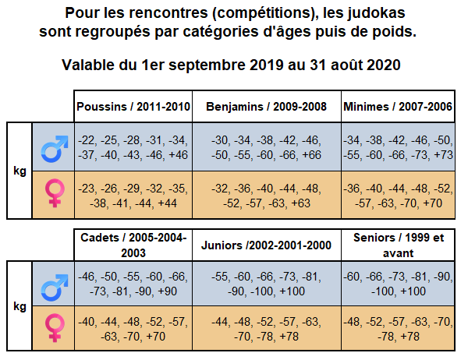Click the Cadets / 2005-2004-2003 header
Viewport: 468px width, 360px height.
133,245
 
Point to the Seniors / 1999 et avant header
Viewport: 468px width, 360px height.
398,245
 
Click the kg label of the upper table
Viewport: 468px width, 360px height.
20,169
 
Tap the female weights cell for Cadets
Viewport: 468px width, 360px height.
133,328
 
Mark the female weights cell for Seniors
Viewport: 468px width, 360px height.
398,328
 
